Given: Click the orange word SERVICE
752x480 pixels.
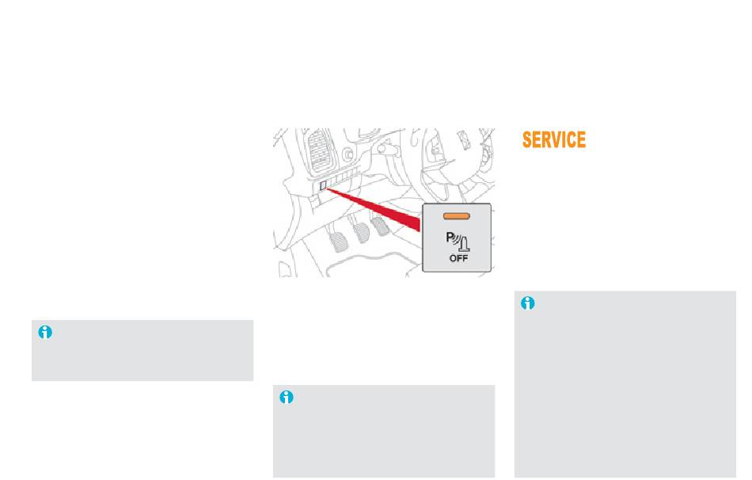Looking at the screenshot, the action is [x=554, y=139].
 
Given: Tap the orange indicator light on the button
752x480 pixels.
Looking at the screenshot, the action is [x=457, y=216].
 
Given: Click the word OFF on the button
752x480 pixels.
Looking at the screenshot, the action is [x=458, y=258].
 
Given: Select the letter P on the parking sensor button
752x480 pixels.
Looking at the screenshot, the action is [x=450, y=237].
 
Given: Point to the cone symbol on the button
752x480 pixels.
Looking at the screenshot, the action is [x=465, y=244].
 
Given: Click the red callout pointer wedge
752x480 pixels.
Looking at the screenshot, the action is [x=374, y=208].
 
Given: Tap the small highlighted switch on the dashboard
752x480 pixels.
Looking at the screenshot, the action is [x=323, y=185].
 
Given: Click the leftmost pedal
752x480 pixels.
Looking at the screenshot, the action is [x=340, y=242].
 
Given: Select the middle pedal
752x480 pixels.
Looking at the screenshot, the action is [x=361, y=233].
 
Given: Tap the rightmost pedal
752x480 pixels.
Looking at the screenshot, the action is [x=381, y=226].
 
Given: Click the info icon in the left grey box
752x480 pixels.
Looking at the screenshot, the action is [x=45, y=332].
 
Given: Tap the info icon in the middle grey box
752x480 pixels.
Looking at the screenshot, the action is [x=287, y=397].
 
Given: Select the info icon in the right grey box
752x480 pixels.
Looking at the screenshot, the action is [x=527, y=303].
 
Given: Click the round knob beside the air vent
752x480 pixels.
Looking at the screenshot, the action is [x=348, y=154].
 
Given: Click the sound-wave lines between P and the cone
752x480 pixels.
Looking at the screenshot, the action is [x=457, y=239].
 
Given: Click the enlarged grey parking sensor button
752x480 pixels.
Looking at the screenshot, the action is [x=457, y=238].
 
